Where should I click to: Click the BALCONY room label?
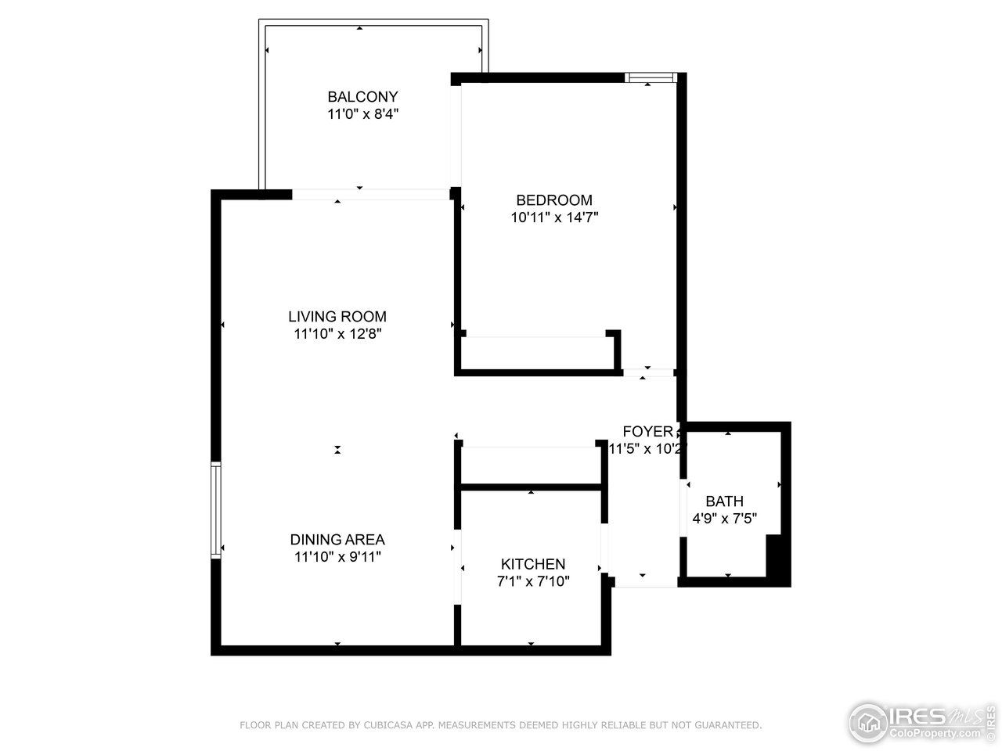click(362, 97)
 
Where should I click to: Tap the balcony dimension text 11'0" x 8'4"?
click(362, 114)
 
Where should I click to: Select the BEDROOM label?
click(554, 200)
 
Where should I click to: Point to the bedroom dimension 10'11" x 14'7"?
click(554, 217)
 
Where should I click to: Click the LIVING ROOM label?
click(337, 317)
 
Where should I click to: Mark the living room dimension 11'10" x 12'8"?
click(337, 334)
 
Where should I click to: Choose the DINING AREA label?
click(337, 540)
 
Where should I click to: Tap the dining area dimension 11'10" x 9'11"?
click(337, 557)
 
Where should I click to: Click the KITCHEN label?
click(533, 565)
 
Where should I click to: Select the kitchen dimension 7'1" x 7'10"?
click(533, 582)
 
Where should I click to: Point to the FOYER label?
click(647, 432)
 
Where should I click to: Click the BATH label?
click(724, 501)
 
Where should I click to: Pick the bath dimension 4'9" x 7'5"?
click(724, 518)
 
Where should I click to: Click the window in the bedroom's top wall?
click(651, 77)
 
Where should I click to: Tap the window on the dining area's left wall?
click(216, 510)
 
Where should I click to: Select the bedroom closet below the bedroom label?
click(537, 352)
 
